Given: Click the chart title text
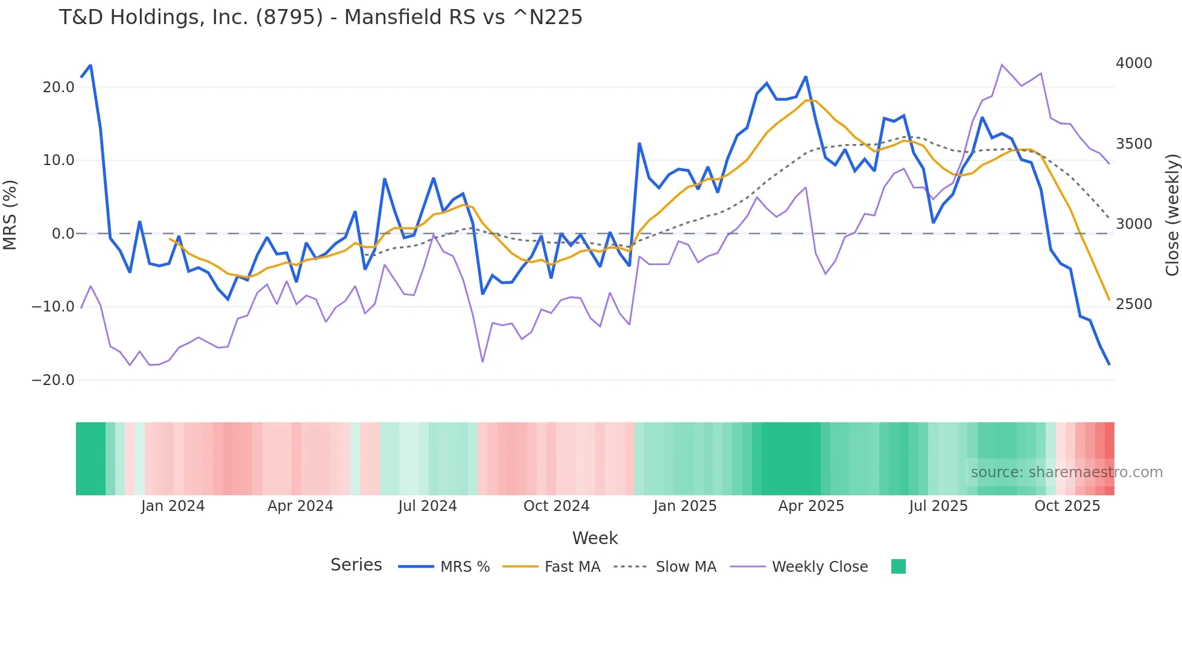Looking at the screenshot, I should point(320,17).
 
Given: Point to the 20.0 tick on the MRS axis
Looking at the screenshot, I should point(58,87).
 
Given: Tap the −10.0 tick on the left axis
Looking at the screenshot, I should point(53,307).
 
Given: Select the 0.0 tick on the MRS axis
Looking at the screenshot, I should point(63,234).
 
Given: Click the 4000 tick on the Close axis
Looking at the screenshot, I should point(1134,63).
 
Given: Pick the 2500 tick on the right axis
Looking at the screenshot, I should point(1134,304).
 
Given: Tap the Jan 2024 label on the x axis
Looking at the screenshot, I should point(172,506).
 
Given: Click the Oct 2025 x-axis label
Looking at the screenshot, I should point(1067,506).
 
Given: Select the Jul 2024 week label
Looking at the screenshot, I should point(427,506).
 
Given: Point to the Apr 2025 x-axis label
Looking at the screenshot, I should point(811,506).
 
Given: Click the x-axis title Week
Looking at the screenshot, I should point(595,538).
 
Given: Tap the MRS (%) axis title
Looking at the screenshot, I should point(10,215).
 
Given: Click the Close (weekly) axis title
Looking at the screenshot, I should point(1172,215).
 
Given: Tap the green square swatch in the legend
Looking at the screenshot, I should point(898,566).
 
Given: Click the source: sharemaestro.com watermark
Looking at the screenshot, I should point(1066,472).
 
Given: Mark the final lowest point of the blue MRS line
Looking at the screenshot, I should point(1108,364).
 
